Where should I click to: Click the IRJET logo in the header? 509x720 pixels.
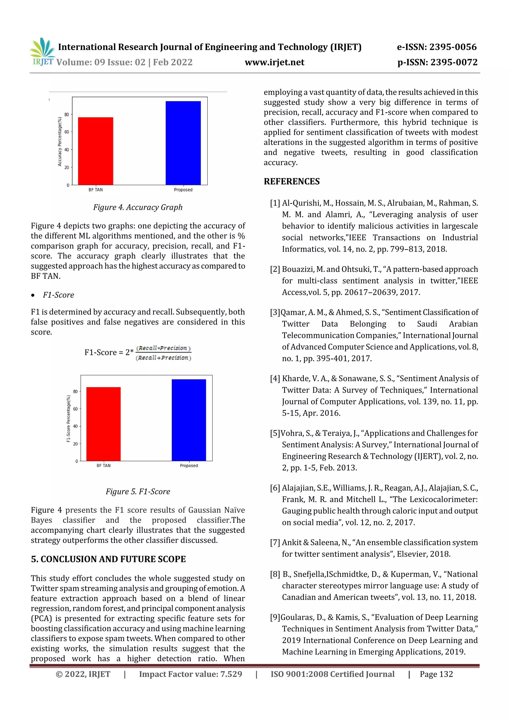[x=42, y=52]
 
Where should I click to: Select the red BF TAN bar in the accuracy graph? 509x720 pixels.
[x=95, y=151]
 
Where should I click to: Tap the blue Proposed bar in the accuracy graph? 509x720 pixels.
[x=183, y=143]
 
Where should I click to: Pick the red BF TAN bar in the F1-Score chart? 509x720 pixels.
[x=103, y=424]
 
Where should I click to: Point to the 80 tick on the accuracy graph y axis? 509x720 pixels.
[x=67, y=115]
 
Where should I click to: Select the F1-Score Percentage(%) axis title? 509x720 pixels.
[x=68, y=419]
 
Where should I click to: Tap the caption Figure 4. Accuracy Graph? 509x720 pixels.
[x=138, y=207]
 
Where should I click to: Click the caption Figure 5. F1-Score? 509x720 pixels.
[x=138, y=491]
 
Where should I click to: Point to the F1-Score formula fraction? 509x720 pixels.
[x=163, y=353]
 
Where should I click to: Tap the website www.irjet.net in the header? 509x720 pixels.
[x=274, y=62]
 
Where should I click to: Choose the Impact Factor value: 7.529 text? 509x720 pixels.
[x=190, y=674]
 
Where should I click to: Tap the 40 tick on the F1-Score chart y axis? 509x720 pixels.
[x=75, y=426]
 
